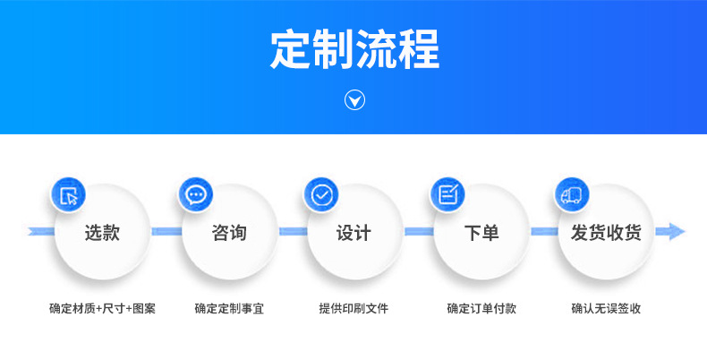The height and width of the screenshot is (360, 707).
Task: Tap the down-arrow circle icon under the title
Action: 354,100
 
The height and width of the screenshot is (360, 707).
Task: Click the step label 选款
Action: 102,233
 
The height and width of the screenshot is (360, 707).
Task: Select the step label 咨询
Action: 228,233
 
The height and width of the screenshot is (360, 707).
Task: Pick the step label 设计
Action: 353,233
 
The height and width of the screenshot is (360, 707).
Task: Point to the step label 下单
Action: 481,233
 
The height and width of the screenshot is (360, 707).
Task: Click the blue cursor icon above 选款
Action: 68,195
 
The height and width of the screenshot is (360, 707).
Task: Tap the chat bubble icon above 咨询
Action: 194,195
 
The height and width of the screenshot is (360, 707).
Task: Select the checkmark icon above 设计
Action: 320,195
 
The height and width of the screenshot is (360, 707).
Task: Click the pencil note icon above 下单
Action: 447,195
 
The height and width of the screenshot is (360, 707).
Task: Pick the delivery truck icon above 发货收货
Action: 572,195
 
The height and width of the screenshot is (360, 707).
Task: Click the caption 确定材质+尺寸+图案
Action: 102,309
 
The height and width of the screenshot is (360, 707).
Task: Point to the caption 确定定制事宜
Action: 229,309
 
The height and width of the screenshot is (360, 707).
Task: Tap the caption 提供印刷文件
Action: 354,309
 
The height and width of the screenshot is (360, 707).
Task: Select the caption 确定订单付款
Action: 481,309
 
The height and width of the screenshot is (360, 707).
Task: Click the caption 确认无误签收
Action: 607,309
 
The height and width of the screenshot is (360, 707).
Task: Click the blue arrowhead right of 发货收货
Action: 670,232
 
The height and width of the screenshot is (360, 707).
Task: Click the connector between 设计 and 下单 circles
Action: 417,232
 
